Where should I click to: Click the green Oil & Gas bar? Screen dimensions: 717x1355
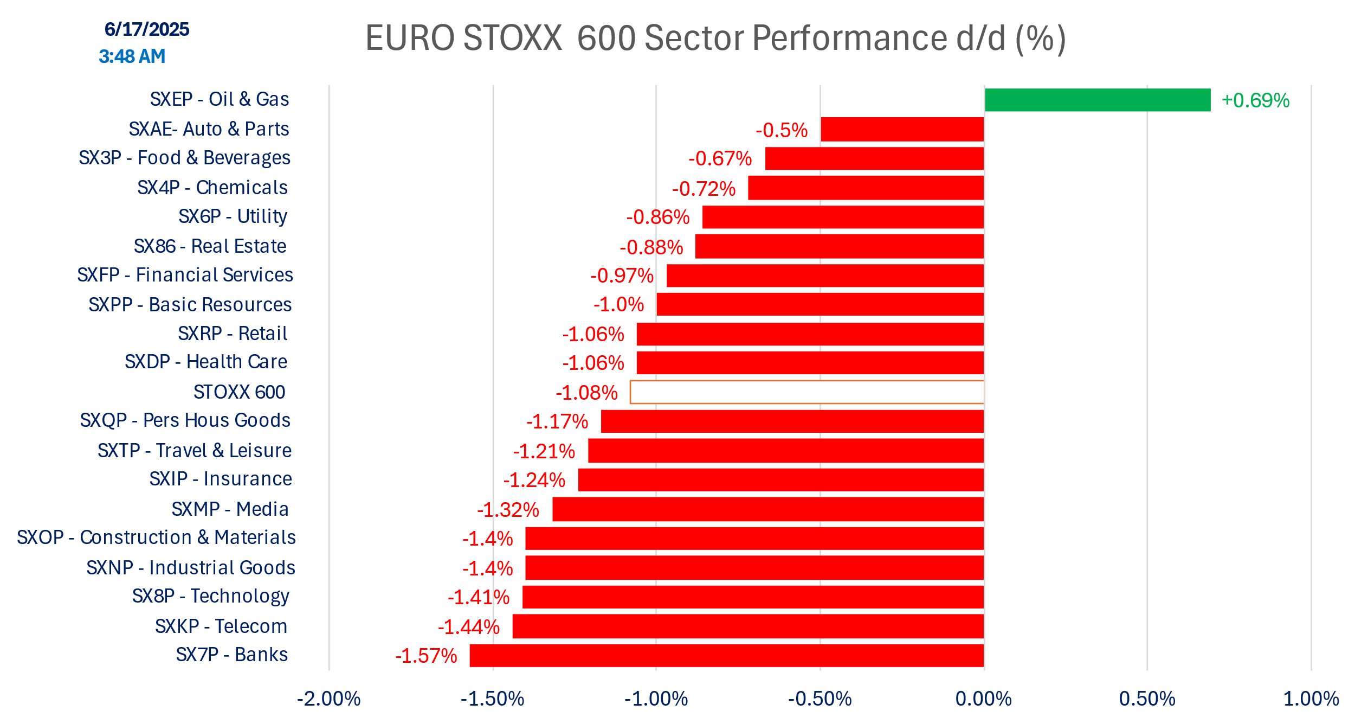click(1097, 100)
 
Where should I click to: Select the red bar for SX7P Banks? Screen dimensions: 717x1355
click(726, 655)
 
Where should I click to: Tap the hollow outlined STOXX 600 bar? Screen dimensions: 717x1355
click(806, 392)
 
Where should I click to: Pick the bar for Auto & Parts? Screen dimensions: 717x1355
click(902, 129)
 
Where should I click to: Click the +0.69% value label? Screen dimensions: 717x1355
click(1255, 100)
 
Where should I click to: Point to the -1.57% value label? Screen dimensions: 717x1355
click(426, 656)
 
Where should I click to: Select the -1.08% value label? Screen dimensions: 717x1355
click(586, 393)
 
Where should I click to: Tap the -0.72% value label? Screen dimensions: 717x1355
click(704, 189)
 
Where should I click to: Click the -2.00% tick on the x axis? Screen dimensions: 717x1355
click(328, 699)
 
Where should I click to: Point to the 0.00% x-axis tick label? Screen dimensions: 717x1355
click(983, 699)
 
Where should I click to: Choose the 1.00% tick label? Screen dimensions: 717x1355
click(1311, 699)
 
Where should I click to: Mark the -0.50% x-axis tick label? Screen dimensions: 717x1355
click(820, 699)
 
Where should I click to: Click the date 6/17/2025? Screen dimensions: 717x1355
click(147, 29)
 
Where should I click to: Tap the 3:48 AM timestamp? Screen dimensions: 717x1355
click(132, 56)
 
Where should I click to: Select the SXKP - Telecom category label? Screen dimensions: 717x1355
click(221, 626)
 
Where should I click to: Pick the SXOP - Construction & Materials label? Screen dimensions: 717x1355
click(156, 537)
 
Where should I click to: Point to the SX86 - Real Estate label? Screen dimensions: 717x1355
click(210, 246)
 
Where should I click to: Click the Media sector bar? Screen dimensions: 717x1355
click(767, 509)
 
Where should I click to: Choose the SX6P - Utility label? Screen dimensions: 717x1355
click(233, 216)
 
